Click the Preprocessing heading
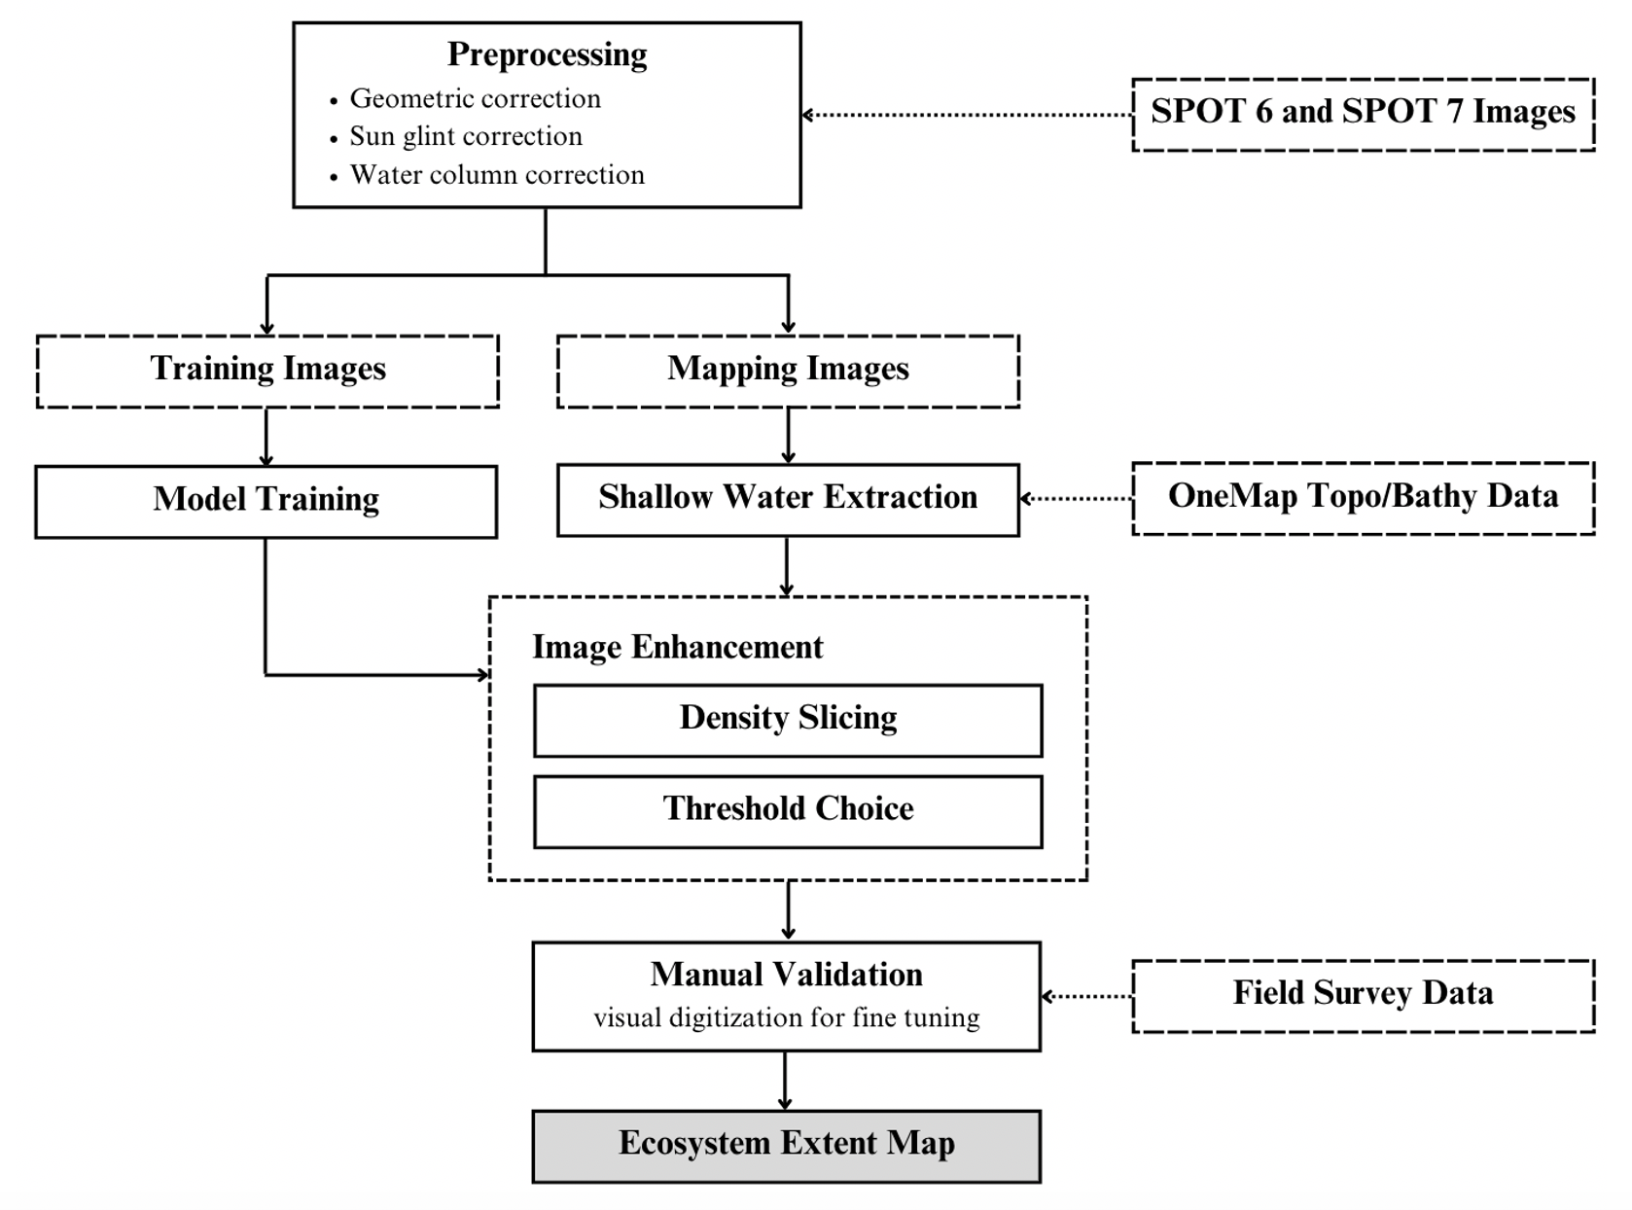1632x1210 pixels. pyautogui.click(x=547, y=54)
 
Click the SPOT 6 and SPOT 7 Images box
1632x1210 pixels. pyautogui.click(x=1363, y=114)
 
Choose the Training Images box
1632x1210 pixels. pyautogui.click(x=267, y=371)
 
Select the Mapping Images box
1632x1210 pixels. pyautogui.click(x=788, y=371)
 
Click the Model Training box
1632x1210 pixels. pyautogui.click(x=266, y=501)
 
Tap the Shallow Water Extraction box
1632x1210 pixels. pyautogui.click(x=788, y=500)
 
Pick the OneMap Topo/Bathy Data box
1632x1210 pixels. pyautogui.click(x=1363, y=498)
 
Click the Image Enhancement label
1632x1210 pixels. pyautogui.click(x=678, y=647)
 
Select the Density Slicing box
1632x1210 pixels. pyautogui.click(x=788, y=721)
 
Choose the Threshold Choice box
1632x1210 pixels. pyautogui.click(x=788, y=812)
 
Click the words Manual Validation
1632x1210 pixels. pyautogui.click(x=786, y=975)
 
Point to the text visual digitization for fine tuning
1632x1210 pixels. pyautogui.click(x=787, y=1018)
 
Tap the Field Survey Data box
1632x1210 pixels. pyautogui.click(x=1363, y=996)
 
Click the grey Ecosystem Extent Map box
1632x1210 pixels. pyautogui.click(x=787, y=1147)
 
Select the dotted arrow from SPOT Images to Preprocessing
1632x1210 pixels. pyautogui.click(x=967, y=115)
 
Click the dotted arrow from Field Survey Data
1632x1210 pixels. pyautogui.click(x=1086, y=997)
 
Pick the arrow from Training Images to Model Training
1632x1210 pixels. pyautogui.click(x=266, y=437)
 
